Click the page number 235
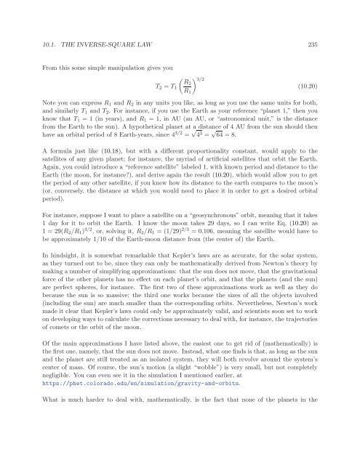click(x=316, y=24)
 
